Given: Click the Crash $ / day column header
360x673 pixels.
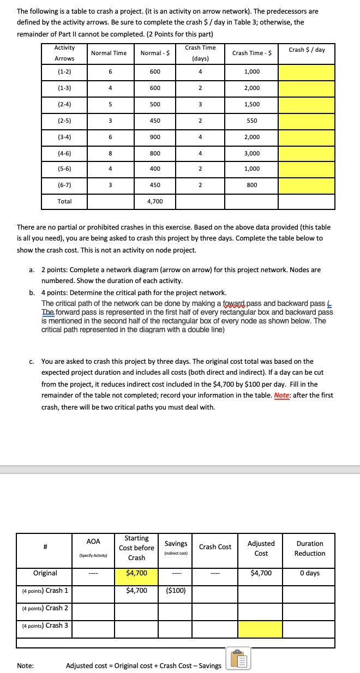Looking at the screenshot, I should click(x=307, y=50).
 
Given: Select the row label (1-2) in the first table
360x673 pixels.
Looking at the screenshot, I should click(x=64, y=72).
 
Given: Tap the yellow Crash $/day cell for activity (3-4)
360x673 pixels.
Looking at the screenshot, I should click(x=307, y=137).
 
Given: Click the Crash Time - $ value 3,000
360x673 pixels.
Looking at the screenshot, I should click(x=251, y=154).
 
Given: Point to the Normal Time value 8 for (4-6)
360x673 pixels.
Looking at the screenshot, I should click(x=110, y=154).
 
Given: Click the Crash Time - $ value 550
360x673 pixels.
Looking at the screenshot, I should click(x=251, y=121).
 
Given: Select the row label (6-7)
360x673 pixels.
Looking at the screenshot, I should click(x=64, y=185).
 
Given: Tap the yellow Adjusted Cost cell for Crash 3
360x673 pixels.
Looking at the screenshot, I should click(x=261, y=629).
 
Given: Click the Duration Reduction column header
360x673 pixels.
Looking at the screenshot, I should click(x=309, y=548).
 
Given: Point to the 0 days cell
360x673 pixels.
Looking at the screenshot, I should click(x=309, y=573).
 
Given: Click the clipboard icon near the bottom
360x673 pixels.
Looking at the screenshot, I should click(x=237, y=660).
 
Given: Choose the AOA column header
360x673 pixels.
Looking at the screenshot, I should click(x=93, y=542).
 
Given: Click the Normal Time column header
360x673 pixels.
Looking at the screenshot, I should click(x=109, y=53).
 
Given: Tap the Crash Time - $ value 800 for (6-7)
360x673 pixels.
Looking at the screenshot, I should click(x=251, y=185).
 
